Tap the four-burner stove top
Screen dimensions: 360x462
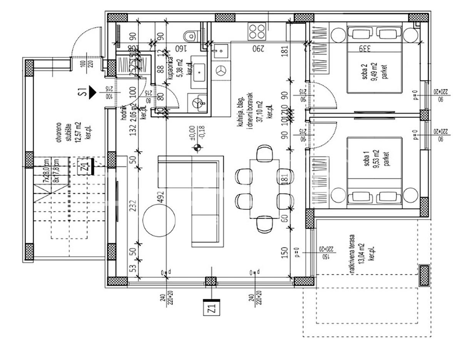[x=256, y=32]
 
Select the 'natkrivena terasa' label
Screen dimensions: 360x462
[x=362, y=254]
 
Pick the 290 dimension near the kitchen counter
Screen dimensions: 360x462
[x=258, y=49]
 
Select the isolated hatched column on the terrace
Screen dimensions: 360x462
[x=424, y=275]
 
